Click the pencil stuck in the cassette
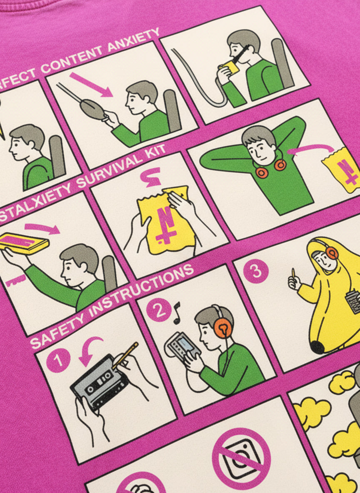point(125,354)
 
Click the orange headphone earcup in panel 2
point(222,328)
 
